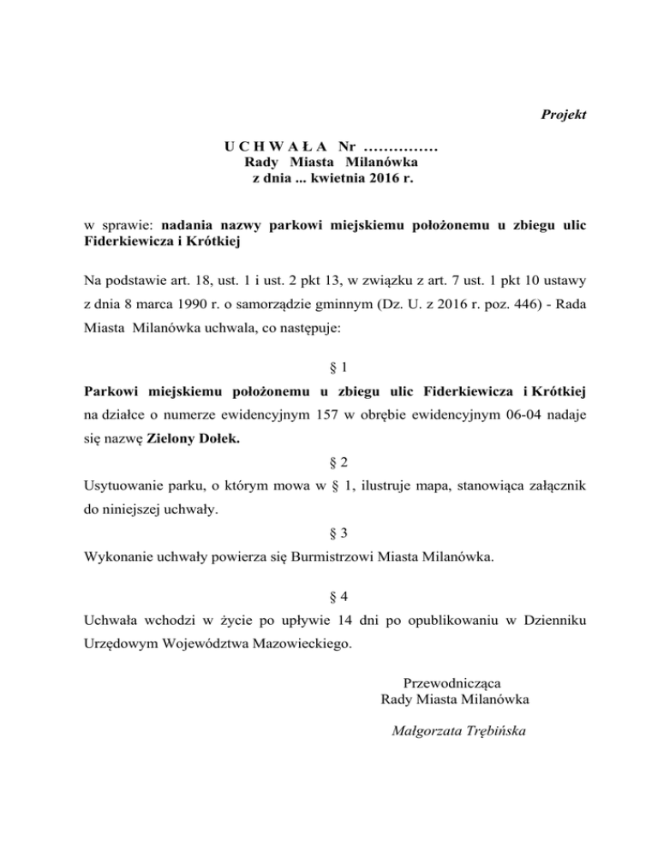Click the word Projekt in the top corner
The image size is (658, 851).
click(x=563, y=115)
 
